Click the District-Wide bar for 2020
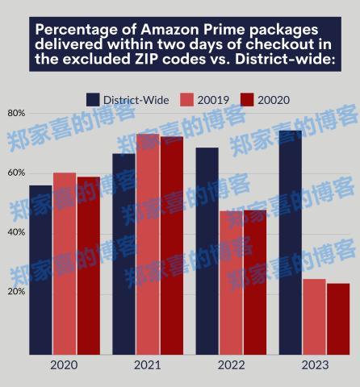[40, 270]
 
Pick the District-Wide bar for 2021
[123, 254]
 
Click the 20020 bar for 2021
[171, 246]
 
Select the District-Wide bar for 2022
[207, 251]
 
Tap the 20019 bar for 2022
[231, 282]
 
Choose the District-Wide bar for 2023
[290, 242]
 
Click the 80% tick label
[16, 113]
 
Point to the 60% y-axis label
[16, 173]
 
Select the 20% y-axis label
[16, 292]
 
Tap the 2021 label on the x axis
[147, 366]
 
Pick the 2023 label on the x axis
[315, 366]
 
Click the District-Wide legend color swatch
[93, 99]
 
